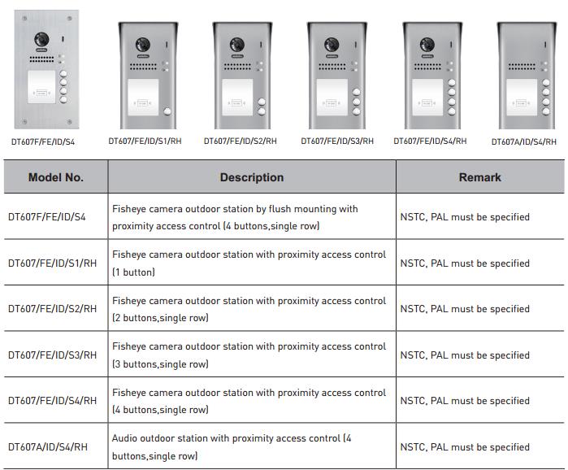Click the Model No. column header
tap(56, 177)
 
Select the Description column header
tap(252, 177)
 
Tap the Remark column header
tap(480, 177)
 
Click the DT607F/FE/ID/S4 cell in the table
tap(47, 217)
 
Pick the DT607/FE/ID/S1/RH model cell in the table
tap(53, 263)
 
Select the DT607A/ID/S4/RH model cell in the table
tap(48, 446)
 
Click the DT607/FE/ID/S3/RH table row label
tap(53, 355)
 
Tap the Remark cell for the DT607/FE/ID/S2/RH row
tap(465, 309)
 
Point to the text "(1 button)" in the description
tap(133, 272)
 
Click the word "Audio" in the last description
tap(124, 438)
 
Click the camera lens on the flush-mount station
tap(41, 40)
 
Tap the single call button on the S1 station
tap(167, 111)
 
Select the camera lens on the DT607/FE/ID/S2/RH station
tap(237, 45)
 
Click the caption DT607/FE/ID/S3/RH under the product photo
tap(337, 141)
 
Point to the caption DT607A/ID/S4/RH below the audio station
tap(524, 141)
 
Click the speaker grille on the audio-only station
tap(522, 67)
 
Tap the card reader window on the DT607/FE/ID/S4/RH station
tap(427, 97)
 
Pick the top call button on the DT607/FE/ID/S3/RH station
tap(357, 92)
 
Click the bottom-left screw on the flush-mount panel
tap(24, 122)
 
